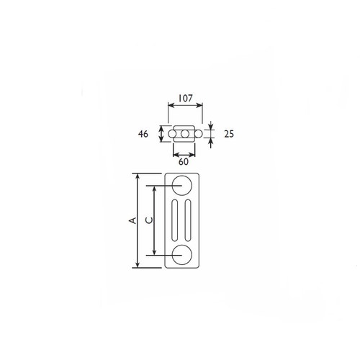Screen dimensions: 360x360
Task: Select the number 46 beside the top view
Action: coord(143,134)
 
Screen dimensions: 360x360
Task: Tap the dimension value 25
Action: coord(229,135)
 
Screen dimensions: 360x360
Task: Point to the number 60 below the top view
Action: coord(183,163)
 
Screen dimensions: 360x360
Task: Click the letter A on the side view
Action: coord(132,221)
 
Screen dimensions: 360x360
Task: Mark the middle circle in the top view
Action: coord(185,134)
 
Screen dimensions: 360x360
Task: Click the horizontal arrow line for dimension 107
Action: coord(185,104)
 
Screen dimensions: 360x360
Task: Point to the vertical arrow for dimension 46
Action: coord(161,134)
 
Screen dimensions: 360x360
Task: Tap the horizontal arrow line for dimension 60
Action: coord(183,153)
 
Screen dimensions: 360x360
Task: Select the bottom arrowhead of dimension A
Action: coord(136,265)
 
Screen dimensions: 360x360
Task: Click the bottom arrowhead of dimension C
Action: coord(153,253)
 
